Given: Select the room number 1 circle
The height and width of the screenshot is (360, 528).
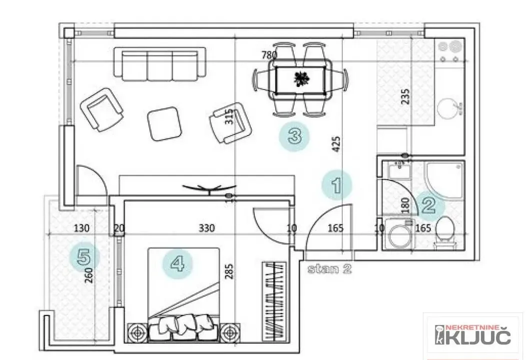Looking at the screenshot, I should [336, 185].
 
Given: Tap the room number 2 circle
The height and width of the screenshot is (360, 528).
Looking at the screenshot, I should [429, 205].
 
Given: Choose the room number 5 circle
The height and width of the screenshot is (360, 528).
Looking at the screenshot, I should [84, 257].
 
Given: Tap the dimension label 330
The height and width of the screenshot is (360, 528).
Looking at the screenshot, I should [206, 228].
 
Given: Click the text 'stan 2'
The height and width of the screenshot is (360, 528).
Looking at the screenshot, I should [329, 268].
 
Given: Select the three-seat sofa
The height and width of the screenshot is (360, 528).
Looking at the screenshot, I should [160, 63].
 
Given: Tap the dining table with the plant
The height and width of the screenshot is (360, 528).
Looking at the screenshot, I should [301, 78].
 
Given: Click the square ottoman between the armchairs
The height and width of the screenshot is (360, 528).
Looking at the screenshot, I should [164, 124].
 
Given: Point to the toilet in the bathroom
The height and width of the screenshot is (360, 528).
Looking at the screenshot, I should [444, 234].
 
